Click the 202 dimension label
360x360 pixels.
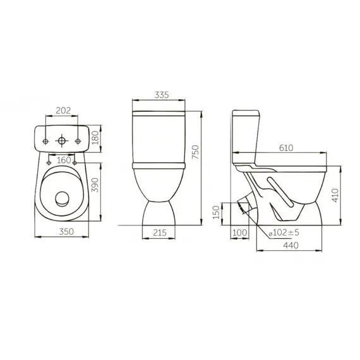pos(63,111)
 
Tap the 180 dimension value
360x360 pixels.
pos(95,138)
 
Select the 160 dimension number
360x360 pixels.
pos(64,160)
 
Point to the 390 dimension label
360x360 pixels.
pos(95,185)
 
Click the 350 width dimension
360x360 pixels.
pos(66,231)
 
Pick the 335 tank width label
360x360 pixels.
pos(162,95)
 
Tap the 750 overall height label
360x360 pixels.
pos(195,152)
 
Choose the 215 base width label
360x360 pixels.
pos(160,232)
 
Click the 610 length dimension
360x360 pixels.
pos(286,148)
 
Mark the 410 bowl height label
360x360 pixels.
pos(335,195)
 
